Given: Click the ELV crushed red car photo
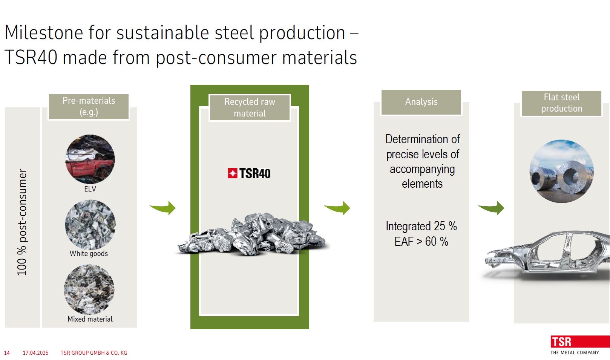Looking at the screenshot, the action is coord(90,159).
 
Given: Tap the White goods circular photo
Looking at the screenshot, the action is coord(90,225).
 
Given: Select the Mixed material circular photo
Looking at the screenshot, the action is coord(89,290).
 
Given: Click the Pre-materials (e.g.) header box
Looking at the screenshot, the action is coord(89,106).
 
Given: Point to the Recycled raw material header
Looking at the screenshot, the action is coord(250,107).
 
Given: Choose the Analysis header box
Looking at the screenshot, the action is coord(421,102).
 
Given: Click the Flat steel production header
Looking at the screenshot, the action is coord(561,103).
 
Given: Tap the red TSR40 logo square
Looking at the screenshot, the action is coord(233,173).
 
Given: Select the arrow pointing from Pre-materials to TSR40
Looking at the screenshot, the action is coord(163,208).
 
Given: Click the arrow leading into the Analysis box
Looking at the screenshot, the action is coord(338,208).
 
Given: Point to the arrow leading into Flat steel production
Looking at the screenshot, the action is coord(492,208).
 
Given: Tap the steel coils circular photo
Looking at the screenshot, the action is coord(561,171).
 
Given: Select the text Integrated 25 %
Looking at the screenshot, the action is coord(421,226).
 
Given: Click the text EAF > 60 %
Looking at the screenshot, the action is coord(421,242).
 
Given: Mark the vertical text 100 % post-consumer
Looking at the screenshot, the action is coord(22,222).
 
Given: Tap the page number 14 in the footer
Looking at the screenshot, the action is coord(7,353).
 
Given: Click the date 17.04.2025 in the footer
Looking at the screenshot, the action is coord(36,353).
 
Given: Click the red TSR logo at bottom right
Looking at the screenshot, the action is coord(580,342).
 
